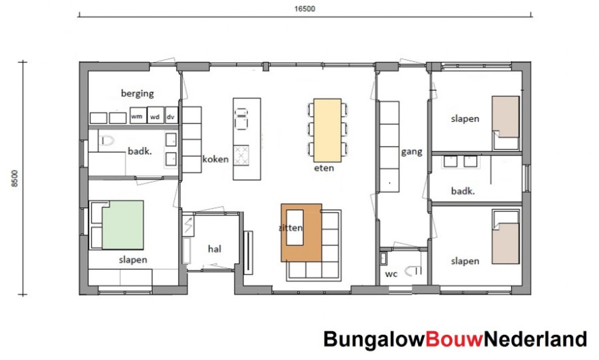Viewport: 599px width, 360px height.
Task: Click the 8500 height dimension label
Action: coord(15,178)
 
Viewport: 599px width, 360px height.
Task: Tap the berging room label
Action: coord(137,94)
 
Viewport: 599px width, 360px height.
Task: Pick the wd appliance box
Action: coord(155,117)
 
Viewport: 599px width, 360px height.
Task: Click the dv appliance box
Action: coord(170,117)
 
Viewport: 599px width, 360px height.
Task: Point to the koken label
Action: coord(216,159)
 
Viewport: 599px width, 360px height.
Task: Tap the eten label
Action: coord(324,168)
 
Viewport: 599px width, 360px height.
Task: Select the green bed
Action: coord(123,225)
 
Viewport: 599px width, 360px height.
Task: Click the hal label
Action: coord(215,248)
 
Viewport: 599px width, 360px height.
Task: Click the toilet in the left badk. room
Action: coord(107,142)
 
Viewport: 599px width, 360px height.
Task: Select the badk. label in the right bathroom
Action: coord(462,191)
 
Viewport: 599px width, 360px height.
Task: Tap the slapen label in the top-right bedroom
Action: coord(465,118)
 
